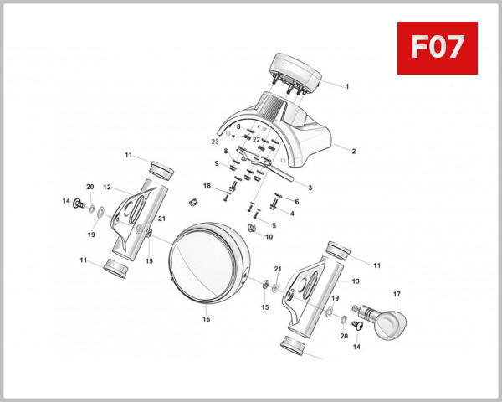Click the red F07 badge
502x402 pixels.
436,48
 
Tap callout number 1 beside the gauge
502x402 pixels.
346,86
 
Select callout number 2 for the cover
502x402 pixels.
353,152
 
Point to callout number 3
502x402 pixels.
310,188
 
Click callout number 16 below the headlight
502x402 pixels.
205,319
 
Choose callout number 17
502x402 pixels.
397,294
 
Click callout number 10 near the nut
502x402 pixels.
269,237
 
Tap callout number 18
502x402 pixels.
207,185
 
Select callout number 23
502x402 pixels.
214,142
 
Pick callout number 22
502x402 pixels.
256,139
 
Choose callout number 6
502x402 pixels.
295,202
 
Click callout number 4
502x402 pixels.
292,214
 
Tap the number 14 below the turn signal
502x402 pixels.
356,346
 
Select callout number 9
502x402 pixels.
215,163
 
